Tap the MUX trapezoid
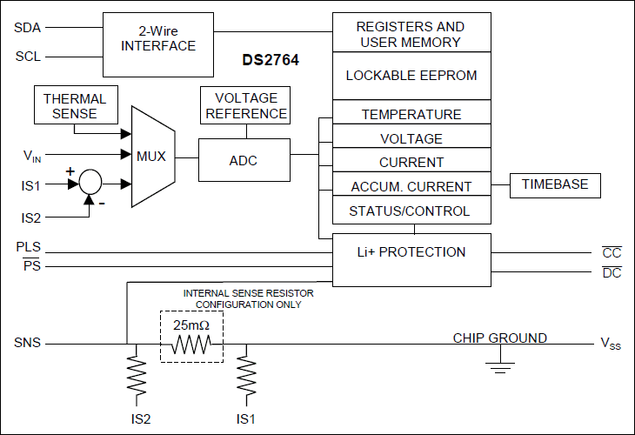click(x=153, y=157)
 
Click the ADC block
click(x=243, y=160)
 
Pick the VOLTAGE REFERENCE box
click(x=244, y=106)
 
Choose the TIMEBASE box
click(x=555, y=184)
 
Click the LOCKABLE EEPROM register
click(x=411, y=76)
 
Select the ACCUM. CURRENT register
click(x=411, y=186)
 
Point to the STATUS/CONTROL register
click(x=411, y=211)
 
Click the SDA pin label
click(x=26, y=27)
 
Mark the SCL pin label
click(x=26, y=57)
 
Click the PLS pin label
click(x=27, y=247)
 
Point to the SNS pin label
click(x=28, y=343)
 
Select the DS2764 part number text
click(x=270, y=62)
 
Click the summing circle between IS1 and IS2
click(x=90, y=184)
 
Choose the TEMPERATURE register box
click(x=411, y=114)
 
